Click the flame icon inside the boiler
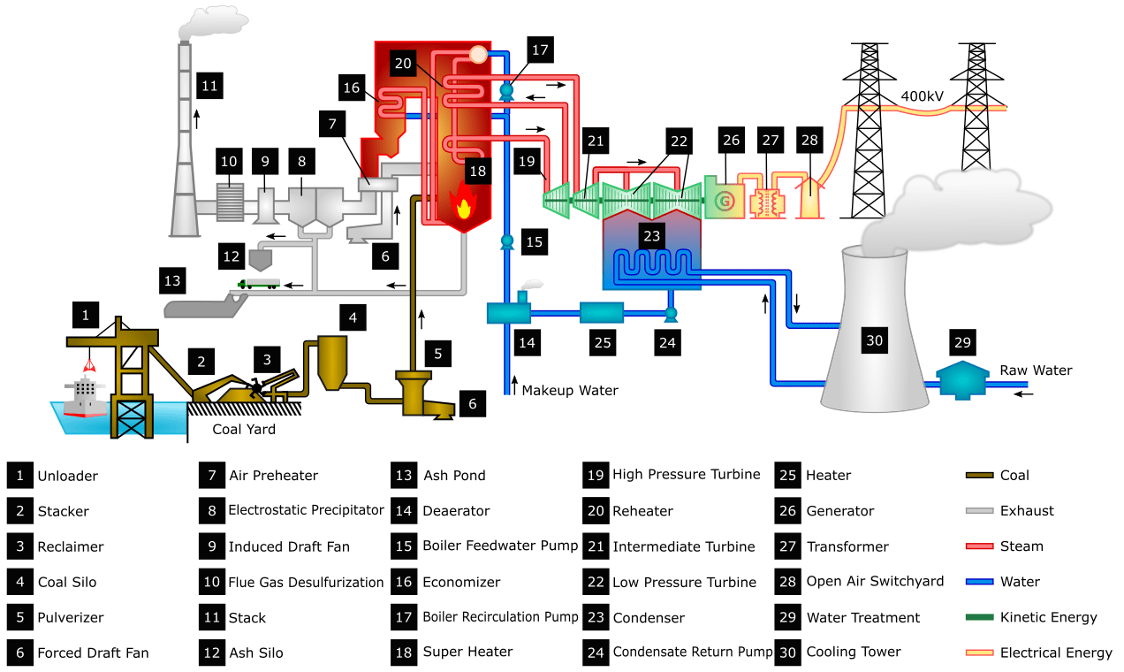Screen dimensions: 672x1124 pos(462,206)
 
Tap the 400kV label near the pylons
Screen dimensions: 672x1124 pos(925,95)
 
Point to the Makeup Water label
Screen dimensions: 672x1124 pos(570,390)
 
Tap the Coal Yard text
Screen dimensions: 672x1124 pos(244,430)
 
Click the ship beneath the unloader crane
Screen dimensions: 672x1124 pos(86,395)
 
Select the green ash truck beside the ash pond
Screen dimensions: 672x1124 pos(259,284)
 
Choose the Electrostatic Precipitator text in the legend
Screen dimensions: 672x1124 pos(306,510)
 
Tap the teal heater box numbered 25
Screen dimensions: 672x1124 pos(601,312)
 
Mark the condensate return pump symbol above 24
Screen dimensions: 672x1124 pos(670,312)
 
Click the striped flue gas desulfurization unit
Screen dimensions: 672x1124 pos(232,202)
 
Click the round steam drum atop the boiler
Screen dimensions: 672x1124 pos(478,54)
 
